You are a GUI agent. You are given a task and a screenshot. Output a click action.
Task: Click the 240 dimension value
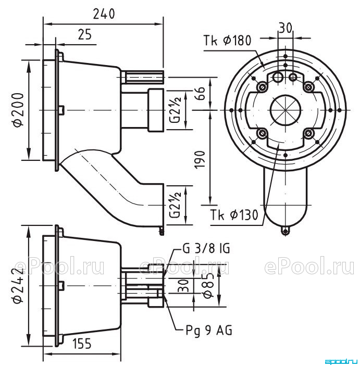pos(104,14)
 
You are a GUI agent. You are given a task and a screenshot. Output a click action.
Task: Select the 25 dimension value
pos(84,34)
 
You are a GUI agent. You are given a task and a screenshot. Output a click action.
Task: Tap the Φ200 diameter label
pos(19,110)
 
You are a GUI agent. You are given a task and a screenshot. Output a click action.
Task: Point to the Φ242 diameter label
pos(19,286)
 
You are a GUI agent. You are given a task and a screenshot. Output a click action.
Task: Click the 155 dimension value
pos(81,344)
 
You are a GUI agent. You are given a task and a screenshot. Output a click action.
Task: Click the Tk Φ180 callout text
pos(227,41)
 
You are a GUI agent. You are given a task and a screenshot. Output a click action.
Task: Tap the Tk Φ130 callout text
pos(234,214)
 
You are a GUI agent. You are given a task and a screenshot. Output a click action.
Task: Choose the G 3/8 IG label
pos(206,248)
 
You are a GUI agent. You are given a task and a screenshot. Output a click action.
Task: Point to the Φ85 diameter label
pos(209,285)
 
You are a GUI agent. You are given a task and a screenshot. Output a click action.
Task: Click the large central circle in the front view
pos(285,110)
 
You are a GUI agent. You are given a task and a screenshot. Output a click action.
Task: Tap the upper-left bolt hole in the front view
pos(262,87)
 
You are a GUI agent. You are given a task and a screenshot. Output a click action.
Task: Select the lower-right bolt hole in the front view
pos(308,133)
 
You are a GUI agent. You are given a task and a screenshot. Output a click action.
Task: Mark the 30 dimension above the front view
pos(285,28)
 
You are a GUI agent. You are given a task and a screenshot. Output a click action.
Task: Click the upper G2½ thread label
pos(176,110)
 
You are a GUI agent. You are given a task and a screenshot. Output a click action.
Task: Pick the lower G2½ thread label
pos(176,205)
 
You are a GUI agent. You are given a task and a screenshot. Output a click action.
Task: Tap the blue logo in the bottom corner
pos(341,362)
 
